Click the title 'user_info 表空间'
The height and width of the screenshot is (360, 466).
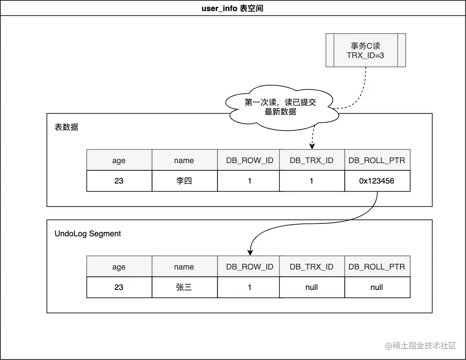pyautogui.click(x=233, y=8)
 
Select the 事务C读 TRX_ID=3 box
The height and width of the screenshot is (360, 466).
pyautogui.click(x=366, y=50)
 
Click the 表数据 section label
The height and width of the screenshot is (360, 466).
pyautogui.click(x=66, y=127)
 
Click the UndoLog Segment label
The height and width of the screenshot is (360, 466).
pyautogui.click(x=88, y=234)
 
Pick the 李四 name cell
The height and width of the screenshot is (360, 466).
pyautogui.click(x=184, y=181)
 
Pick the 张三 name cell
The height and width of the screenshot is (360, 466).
pyautogui.click(x=184, y=287)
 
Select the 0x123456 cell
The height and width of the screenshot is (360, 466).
pyautogui.click(x=377, y=181)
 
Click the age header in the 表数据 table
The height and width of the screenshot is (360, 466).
pyautogui.click(x=119, y=160)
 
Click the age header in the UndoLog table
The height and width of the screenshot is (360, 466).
pyautogui.click(x=119, y=267)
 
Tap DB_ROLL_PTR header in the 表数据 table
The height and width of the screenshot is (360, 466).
pyautogui.click(x=377, y=160)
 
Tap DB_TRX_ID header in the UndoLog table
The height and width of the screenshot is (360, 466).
pyautogui.click(x=311, y=267)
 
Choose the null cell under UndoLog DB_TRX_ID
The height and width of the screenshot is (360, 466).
pyautogui.click(x=311, y=287)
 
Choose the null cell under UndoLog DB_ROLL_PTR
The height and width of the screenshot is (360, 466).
pyautogui.click(x=377, y=287)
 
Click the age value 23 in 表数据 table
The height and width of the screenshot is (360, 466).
pyautogui.click(x=119, y=181)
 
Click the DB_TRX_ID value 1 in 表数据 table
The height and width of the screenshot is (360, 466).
pyautogui.click(x=311, y=181)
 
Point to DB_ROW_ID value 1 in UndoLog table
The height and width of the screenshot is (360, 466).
pyautogui.click(x=249, y=287)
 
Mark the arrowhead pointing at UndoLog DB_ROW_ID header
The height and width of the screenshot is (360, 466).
pyautogui.click(x=250, y=253)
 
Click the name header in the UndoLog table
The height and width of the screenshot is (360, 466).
pyautogui.click(x=184, y=267)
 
